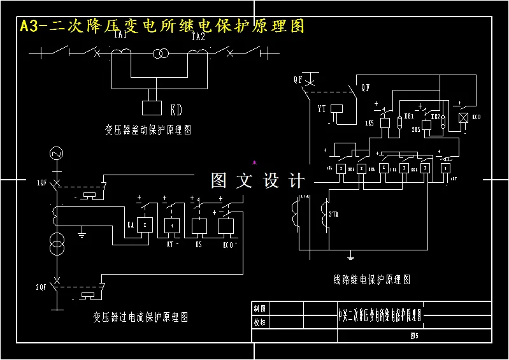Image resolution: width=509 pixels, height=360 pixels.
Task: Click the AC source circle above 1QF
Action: [x=55, y=154]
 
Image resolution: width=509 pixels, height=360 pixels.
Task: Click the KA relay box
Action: [x=145, y=226]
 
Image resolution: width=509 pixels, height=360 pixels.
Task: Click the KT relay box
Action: [x=172, y=226]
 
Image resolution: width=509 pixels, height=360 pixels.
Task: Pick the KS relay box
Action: [x=198, y=226]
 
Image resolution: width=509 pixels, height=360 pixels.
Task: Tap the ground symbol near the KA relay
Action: [x=82, y=234]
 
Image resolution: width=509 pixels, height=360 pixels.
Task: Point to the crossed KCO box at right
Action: [x=464, y=119]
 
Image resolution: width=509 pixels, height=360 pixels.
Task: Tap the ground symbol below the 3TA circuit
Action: [x=350, y=257]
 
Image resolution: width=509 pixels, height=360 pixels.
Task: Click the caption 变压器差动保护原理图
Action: [x=148, y=129]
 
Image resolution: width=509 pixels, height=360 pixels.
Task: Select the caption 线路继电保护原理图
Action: [x=372, y=279]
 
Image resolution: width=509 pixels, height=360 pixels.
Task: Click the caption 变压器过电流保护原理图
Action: [x=140, y=317]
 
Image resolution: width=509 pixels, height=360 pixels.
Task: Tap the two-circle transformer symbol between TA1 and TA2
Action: [x=160, y=55]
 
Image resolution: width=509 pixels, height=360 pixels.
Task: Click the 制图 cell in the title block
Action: [x=260, y=308]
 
